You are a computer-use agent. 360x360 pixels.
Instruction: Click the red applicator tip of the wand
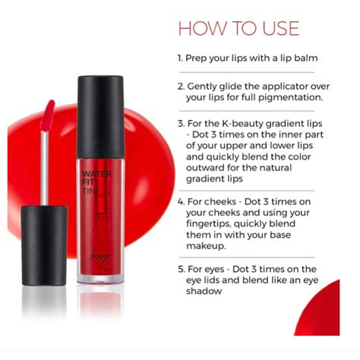pyautogui.click(x=48, y=114)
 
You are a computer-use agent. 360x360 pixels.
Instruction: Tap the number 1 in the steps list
pyautogui.click(x=180, y=58)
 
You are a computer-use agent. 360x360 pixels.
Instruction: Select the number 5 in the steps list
pyautogui.click(x=181, y=269)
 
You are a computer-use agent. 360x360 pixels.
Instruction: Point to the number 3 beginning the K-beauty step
pyautogui.click(x=181, y=123)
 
